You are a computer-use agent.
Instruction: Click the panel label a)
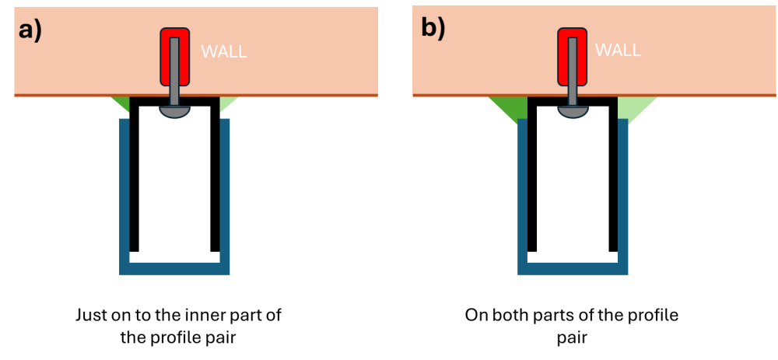point(31,30)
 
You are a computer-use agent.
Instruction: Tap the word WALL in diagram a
point(224,52)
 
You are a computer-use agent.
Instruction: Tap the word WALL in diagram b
point(618,50)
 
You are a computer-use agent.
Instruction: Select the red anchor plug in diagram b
point(572,55)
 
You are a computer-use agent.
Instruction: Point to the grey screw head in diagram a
point(174,111)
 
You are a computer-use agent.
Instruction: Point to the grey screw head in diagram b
point(573,111)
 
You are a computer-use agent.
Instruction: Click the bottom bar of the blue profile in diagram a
point(174,268)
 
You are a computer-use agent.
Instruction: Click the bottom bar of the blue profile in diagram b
point(573,268)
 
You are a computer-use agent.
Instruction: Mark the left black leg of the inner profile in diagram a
point(134,174)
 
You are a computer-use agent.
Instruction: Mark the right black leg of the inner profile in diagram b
point(613,174)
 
